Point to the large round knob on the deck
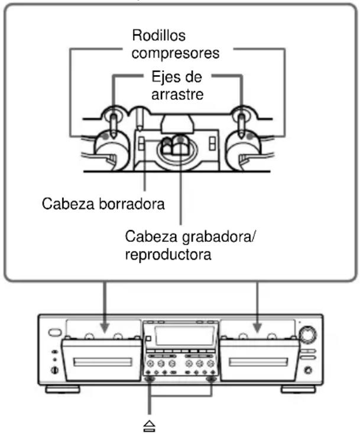point(307,336)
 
